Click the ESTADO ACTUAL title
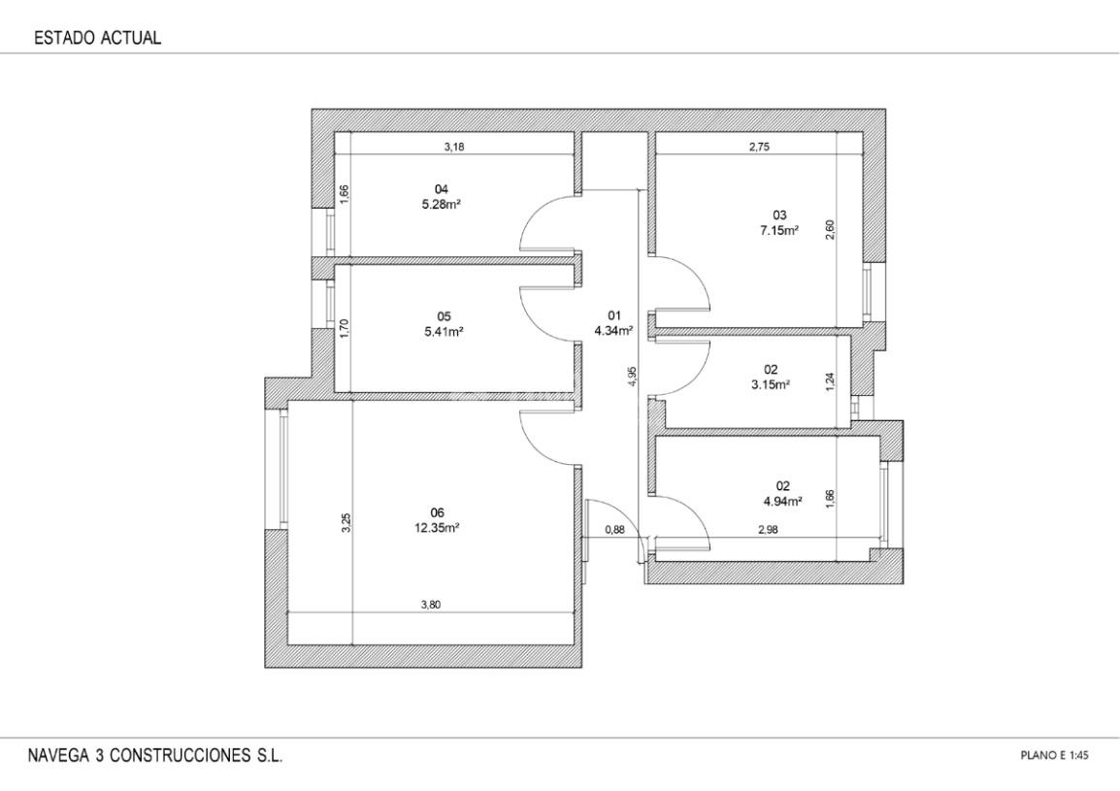click(x=98, y=38)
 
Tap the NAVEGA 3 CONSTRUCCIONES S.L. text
click(x=155, y=756)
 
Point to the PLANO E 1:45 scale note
click(x=1054, y=755)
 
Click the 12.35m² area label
click(x=439, y=528)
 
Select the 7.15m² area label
click(x=779, y=230)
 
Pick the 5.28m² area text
click(x=441, y=205)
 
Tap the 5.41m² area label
click(x=444, y=332)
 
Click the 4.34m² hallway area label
click(x=614, y=331)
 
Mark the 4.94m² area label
click(x=783, y=501)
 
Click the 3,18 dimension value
click(x=454, y=148)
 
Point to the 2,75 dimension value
click(x=759, y=148)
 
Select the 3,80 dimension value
click(x=431, y=605)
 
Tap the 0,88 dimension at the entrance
click(x=614, y=530)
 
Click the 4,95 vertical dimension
click(x=632, y=377)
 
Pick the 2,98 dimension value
click(x=768, y=530)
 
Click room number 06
click(x=438, y=513)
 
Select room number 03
click(x=779, y=215)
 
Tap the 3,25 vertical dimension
click(x=346, y=522)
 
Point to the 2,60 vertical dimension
click(x=830, y=229)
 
